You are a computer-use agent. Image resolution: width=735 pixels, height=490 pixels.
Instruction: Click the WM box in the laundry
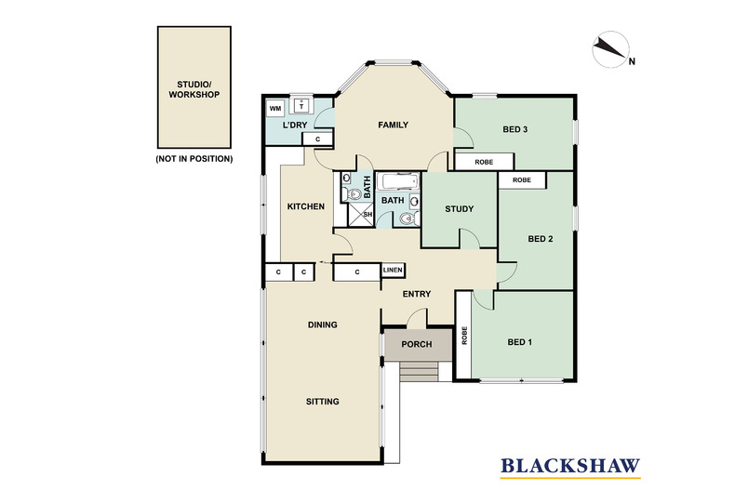[275, 109]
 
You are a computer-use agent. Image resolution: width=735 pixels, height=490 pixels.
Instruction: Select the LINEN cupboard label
[394, 271]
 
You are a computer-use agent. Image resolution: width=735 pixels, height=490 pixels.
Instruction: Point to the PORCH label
[416, 344]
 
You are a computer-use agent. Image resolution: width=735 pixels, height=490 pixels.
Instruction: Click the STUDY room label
[460, 209]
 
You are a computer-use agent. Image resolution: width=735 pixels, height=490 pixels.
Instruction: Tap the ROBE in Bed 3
[484, 161]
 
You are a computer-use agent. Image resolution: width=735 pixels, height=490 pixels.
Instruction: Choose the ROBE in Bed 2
[521, 179]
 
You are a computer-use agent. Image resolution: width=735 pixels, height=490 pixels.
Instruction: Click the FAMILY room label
[394, 125]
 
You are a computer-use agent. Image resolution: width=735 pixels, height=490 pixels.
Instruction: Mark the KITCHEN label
[305, 206]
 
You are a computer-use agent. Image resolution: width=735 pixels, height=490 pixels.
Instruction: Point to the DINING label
[322, 324]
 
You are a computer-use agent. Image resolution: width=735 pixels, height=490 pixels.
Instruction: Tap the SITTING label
[322, 402]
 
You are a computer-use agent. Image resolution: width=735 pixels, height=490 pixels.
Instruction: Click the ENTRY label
[416, 295]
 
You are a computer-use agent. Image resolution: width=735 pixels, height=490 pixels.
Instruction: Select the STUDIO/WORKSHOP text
[194, 88]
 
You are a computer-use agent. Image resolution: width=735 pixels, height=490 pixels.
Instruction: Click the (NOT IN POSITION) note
[194, 159]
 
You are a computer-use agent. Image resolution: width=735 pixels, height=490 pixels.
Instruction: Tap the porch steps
[418, 372]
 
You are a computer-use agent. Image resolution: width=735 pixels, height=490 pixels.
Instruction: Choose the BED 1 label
[520, 342]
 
